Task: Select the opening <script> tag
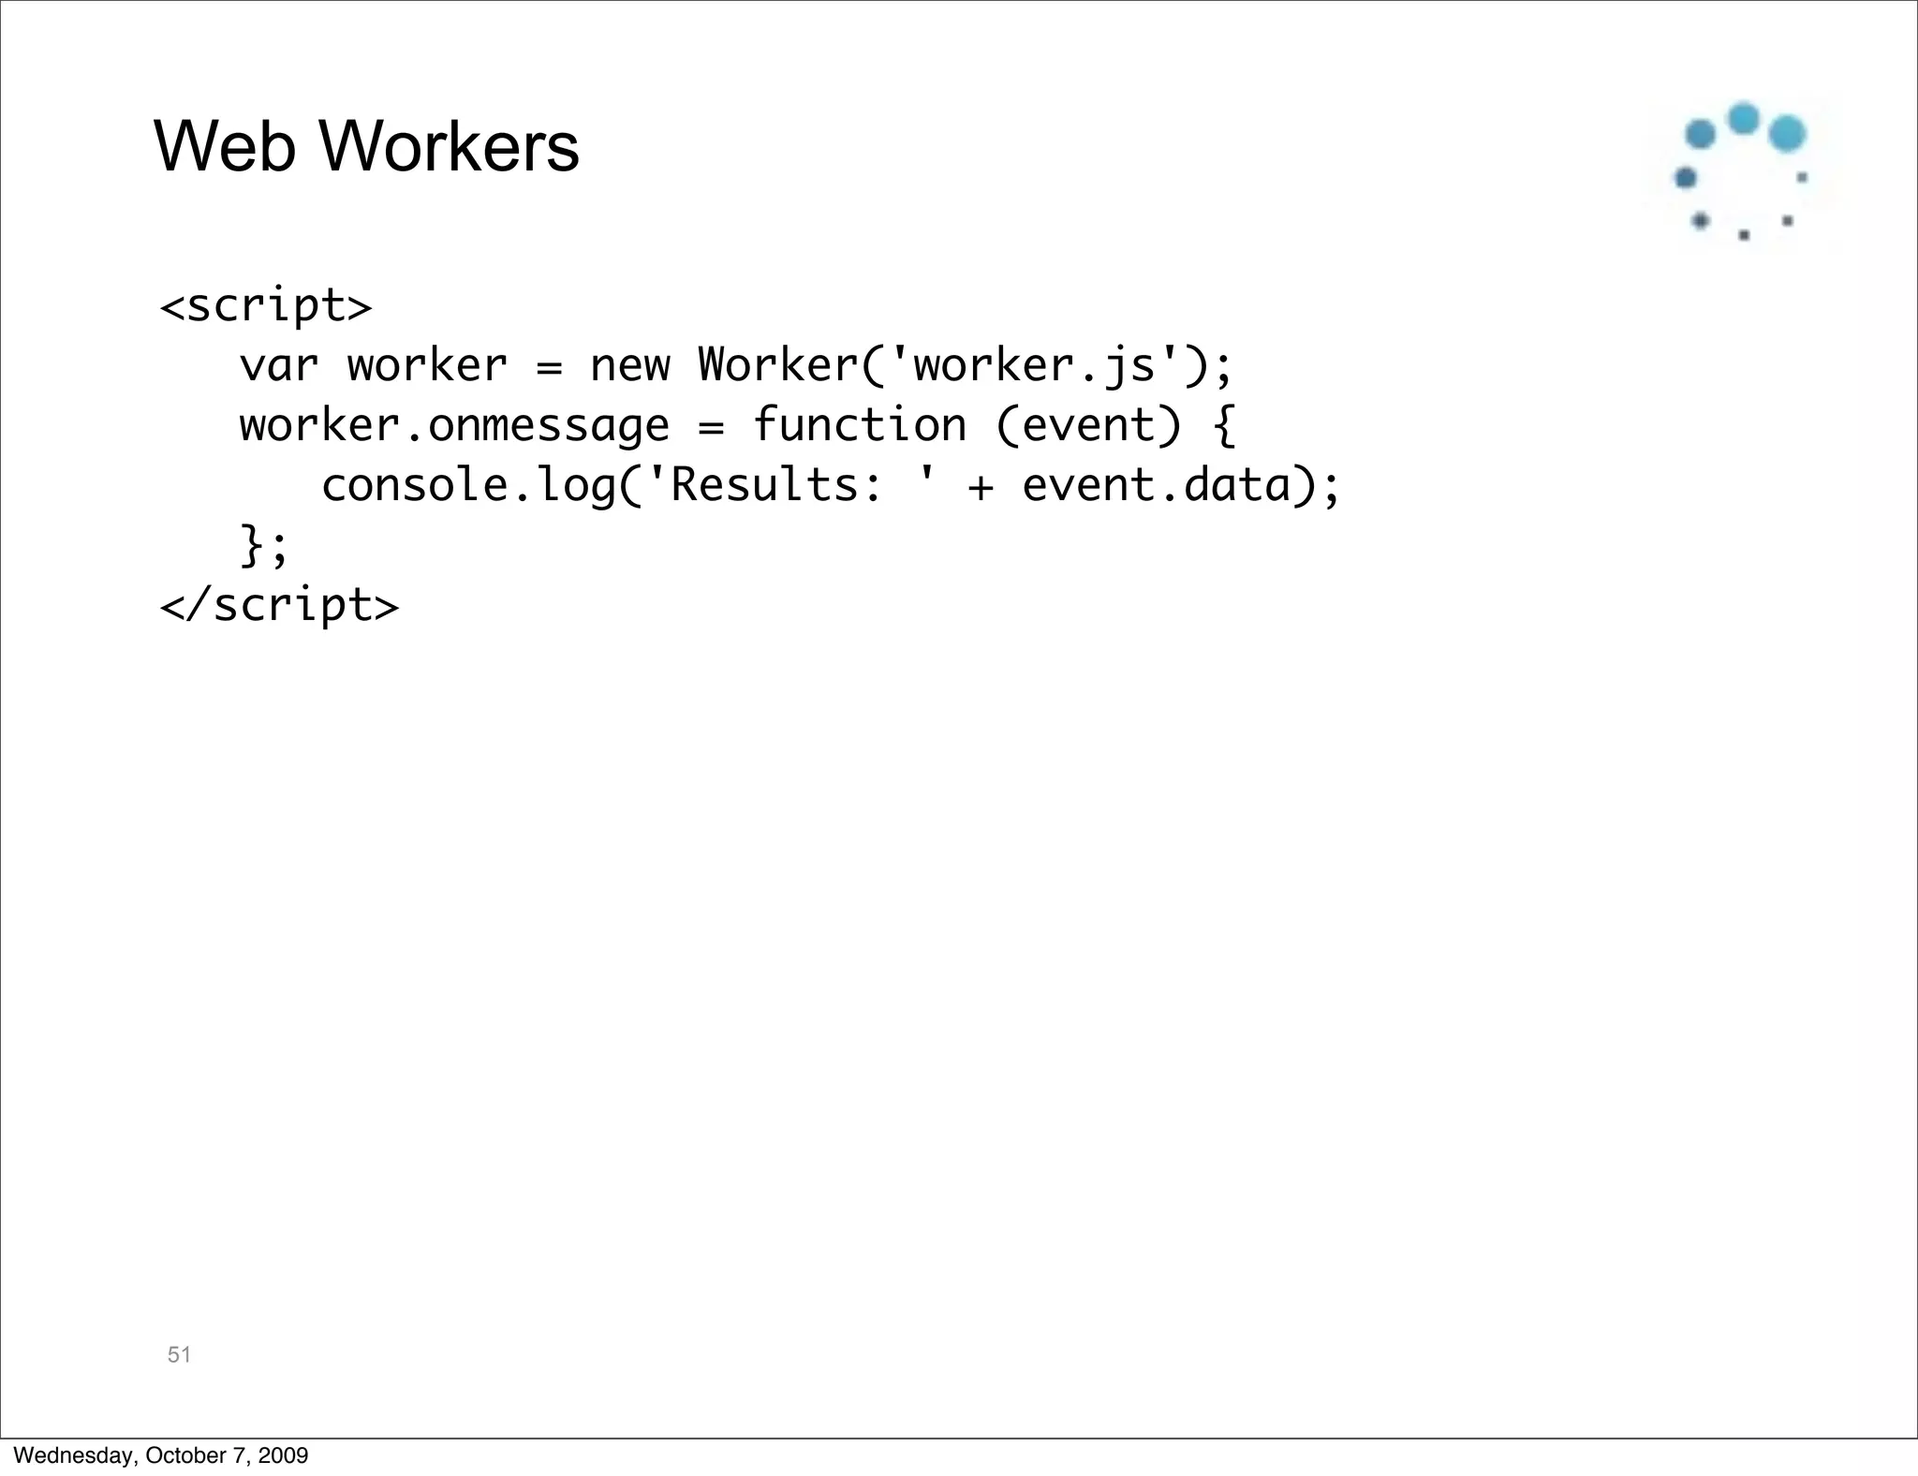tap(266, 305)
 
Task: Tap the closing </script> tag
tap(279, 605)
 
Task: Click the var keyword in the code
tap(278, 365)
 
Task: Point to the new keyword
tap(629, 365)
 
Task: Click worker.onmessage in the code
tap(454, 426)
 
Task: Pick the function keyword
tap(859, 425)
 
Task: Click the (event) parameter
tap(1087, 426)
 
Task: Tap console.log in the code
tap(467, 486)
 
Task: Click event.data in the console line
tap(1156, 486)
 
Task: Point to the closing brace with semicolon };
tap(264, 546)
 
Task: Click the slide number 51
tap(179, 1354)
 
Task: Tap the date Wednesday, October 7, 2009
tap(161, 1455)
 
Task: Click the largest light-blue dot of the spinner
tap(1787, 134)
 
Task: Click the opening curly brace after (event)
tap(1224, 426)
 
